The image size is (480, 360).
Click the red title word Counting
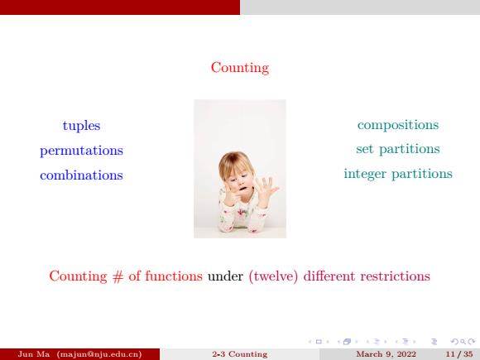(240, 68)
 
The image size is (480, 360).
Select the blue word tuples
(81, 126)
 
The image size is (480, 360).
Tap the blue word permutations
(81, 151)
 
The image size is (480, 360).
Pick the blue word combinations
(81, 175)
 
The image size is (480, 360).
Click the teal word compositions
(398, 125)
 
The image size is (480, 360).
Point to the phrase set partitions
(398, 149)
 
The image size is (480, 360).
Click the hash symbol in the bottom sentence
(118, 276)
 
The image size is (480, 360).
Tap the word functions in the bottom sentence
(174, 276)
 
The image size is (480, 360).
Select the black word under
(225, 276)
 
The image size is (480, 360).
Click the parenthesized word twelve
(273, 276)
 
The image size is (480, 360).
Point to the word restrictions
(396, 276)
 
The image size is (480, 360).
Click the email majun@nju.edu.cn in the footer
(99, 354)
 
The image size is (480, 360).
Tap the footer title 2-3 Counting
(240, 354)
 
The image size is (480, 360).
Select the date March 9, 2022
(386, 354)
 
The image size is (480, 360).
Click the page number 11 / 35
(459, 354)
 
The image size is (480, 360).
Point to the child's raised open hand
(266, 189)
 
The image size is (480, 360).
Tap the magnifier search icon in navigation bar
(463, 342)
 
